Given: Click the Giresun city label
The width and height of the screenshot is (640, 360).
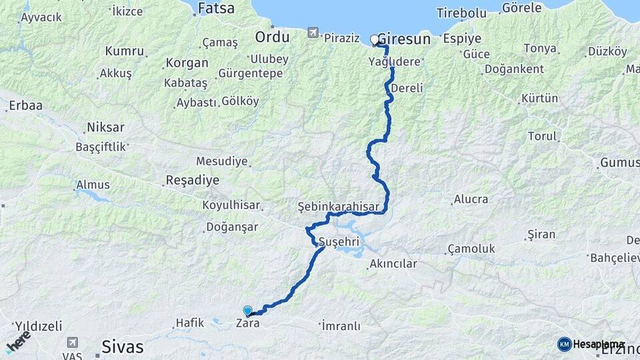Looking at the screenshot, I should [404, 39].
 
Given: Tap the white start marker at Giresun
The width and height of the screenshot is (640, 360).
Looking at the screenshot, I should [374, 40].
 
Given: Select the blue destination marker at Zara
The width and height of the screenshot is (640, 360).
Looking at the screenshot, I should [248, 311].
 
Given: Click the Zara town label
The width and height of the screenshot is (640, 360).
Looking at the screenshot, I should [247, 324].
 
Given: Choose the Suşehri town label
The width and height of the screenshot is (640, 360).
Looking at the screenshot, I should [339, 241].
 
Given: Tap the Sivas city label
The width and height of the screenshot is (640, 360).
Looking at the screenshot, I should [122, 347].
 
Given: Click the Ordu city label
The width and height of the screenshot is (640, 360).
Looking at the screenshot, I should [272, 37].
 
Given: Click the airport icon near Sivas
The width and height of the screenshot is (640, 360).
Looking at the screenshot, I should [72, 343].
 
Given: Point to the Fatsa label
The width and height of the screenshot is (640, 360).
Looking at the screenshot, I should [216, 9].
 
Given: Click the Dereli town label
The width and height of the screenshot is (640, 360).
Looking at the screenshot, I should [407, 88].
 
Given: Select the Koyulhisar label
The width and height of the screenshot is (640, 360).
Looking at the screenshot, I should [230, 206].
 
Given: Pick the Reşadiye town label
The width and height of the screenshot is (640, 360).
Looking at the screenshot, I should [192, 181].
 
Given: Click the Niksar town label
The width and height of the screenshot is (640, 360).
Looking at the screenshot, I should [105, 127].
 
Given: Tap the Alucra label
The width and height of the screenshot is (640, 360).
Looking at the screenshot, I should [471, 199].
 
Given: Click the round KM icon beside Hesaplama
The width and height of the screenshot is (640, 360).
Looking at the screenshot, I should [564, 344].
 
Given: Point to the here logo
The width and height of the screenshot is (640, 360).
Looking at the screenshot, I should [19, 341].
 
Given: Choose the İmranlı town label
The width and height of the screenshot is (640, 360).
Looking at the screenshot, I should [341, 326].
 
